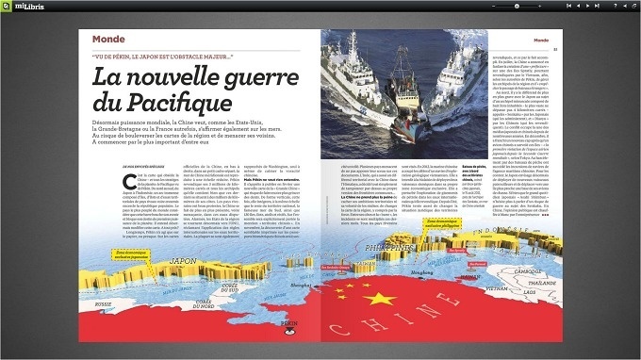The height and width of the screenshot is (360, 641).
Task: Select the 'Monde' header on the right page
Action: (542, 40)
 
